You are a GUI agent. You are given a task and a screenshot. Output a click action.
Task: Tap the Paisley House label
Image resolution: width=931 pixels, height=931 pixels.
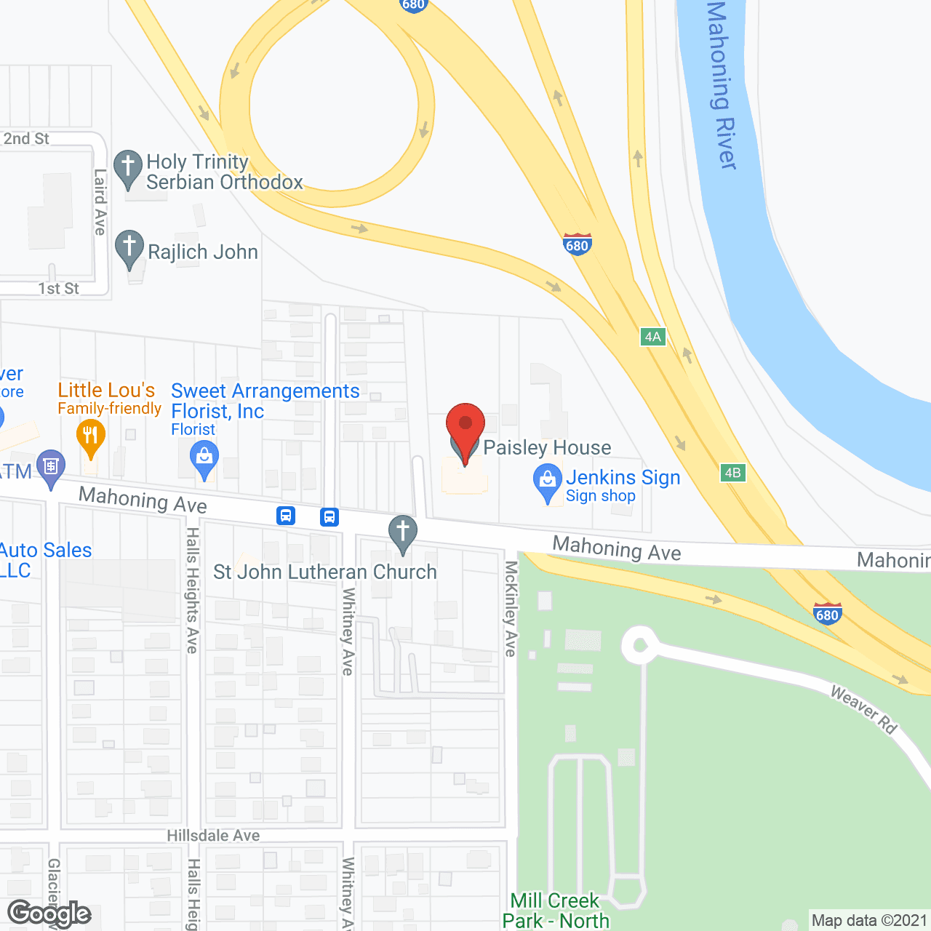(x=547, y=447)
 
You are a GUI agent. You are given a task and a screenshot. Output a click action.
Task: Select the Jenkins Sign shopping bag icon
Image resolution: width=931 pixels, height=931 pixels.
(x=547, y=482)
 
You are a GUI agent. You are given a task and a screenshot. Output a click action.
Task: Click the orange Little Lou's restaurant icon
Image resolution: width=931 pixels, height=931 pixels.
(x=91, y=436)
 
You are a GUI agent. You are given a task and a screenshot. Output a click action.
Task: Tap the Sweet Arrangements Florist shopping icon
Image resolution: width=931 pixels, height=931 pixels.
(x=204, y=459)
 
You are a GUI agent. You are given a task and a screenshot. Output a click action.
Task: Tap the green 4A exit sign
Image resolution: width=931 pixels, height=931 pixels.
(x=652, y=337)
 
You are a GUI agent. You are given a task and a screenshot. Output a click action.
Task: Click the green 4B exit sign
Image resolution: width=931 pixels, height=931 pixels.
(x=732, y=473)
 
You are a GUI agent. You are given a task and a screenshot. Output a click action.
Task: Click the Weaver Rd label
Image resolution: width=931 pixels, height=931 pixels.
(x=864, y=708)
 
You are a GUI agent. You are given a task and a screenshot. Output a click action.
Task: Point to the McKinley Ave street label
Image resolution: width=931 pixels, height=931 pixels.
(x=511, y=609)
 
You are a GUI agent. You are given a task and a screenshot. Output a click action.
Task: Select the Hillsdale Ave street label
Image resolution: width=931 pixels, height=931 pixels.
(x=213, y=836)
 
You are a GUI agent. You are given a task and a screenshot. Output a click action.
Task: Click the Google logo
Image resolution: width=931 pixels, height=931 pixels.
(x=49, y=914)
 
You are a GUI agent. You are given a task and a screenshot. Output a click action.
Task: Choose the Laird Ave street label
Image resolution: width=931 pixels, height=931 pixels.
(x=100, y=202)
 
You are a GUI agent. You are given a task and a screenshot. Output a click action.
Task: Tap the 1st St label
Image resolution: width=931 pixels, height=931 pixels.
(x=59, y=289)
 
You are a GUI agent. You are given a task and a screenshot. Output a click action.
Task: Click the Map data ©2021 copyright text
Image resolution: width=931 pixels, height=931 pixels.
(x=869, y=920)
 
